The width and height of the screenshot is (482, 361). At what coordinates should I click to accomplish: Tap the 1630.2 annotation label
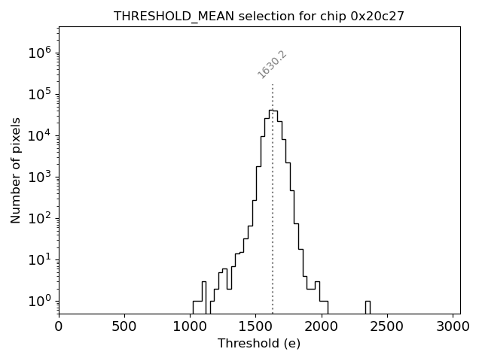pyautogui.click(x=272, y=65)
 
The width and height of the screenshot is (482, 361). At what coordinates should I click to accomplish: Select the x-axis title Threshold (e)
pyautogui.click(x=259, y=344)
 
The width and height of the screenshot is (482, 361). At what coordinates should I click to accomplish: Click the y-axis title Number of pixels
pyautogui.click(x=16, y=170)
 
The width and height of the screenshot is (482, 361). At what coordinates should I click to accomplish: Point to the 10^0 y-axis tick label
pyautogui.click(x=40, y=301)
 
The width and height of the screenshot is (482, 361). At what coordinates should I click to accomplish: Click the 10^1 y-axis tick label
pyautogui.click(x=40, y=259)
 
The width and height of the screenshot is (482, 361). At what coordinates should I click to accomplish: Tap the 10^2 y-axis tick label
pyautogui.click(x=40, y=218)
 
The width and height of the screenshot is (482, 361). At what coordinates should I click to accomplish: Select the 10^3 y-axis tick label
pyautogui.click(x=40, y=177)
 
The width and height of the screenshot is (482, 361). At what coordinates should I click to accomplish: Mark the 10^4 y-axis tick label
pyautogui.click(x=40, y=135)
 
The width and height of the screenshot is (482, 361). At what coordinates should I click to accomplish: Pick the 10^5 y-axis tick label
pyautogui.click(x=40, y=94)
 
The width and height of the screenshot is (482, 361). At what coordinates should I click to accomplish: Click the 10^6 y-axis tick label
pyautogui.click(x=40, y=53)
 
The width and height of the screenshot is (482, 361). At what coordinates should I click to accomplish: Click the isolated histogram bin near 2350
pyautogui.click(x=368, y=307)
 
